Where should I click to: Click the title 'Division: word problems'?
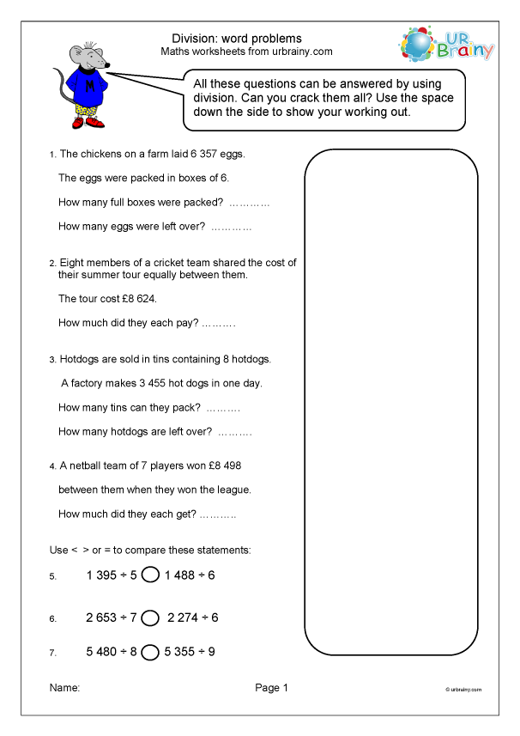pyautogui.click(x=237, y=39)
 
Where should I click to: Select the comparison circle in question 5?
pyautogui.click(x=150, y=575)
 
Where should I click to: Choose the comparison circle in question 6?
pyautogui.click(x=150, y=617)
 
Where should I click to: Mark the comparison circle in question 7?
pyautogui.click(x=150, y=652)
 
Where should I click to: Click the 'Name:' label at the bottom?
pyautogui.click(x=64, y=688)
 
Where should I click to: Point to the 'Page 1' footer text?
pyautogui.click(x=272, y=688)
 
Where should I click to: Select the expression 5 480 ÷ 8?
pyautogui.click(x=112, y=652)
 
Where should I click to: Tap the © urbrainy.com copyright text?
pyautogui.click(x=463, y=690)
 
